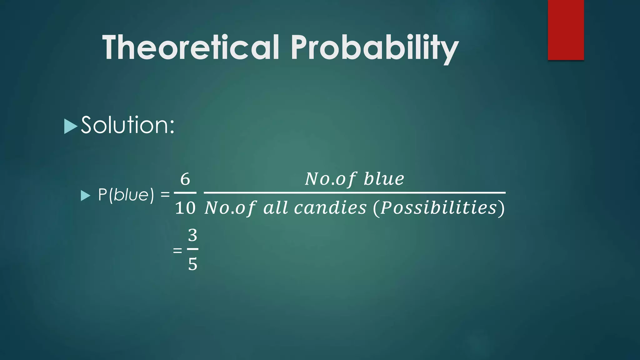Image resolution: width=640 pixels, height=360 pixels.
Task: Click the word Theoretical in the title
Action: coord(191,47)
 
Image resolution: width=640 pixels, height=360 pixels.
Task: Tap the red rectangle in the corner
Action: coord(566,30)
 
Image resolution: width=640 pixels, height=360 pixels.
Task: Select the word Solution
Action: coord(124,125)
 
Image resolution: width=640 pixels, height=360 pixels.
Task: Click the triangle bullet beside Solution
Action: coord(70,126)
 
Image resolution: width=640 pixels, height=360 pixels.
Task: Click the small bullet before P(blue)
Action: coord(85,196)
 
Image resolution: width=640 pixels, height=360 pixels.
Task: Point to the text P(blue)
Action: coord(126,195)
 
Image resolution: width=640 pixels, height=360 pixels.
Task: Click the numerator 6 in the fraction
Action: coord(185,179)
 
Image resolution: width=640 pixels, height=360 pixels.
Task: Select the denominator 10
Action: coord(185,208)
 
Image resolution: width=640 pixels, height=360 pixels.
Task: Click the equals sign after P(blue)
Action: coord(165,195)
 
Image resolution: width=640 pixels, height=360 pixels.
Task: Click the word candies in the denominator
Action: coord(330,208)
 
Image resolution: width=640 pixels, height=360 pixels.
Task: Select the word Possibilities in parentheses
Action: coord(438,208)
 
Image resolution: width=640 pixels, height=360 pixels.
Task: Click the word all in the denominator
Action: coord(275,208)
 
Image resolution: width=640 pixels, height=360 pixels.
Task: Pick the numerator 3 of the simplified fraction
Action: coord(192,235)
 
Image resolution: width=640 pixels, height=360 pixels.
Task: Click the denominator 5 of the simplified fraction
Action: coord(192,264)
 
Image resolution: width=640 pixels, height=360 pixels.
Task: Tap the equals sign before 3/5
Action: coord(177,250)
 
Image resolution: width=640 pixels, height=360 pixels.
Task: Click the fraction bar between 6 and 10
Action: coord(185,193)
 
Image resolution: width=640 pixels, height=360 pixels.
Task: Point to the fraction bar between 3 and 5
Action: coord(192,249)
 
